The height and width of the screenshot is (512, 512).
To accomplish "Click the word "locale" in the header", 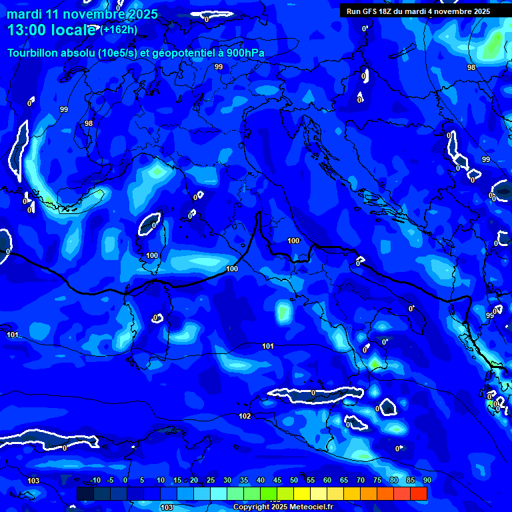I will [71, 31].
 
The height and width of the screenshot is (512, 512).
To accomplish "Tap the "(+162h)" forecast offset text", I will [119, 30].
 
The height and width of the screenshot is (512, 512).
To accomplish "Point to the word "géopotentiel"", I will [183, 53].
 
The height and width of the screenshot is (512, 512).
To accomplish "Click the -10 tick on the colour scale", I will [95, 481].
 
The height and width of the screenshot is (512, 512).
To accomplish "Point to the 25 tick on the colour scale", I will [211, 481].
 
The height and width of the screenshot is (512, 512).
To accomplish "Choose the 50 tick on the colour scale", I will [294, 481].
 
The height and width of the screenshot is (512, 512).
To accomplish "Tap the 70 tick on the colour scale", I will [361, 481].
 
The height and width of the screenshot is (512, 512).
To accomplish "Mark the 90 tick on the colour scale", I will [427, 481].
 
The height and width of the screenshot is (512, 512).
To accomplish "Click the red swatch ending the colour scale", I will [419, 493].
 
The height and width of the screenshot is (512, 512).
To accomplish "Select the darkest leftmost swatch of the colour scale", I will [85, 493].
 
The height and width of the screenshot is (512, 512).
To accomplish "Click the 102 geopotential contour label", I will [245, 416].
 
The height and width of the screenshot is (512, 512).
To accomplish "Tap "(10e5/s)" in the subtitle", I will [117, 53].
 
